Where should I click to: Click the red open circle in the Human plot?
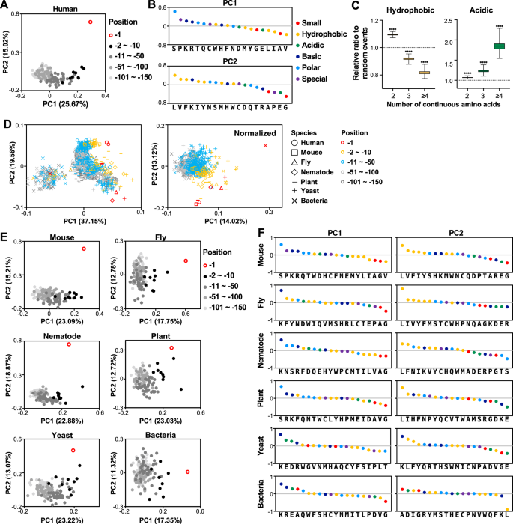91,23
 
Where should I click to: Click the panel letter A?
5,6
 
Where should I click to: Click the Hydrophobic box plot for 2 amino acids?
392,34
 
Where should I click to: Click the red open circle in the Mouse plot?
84,249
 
